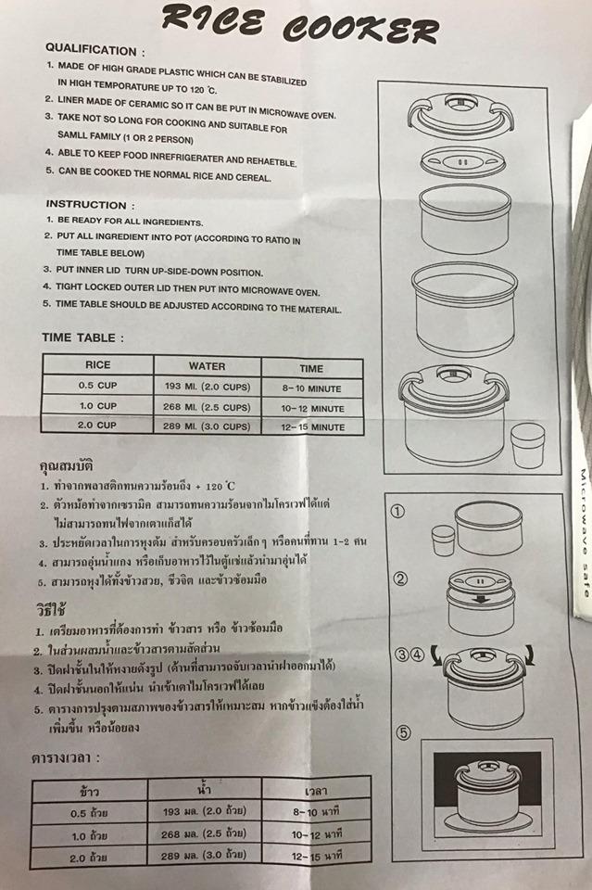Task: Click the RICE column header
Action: [97, 365]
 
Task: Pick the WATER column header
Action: [207, 367]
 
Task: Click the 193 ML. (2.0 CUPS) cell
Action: [207, 387]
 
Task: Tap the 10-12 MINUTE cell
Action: [312, 408]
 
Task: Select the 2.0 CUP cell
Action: [97, 426]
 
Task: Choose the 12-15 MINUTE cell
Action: [312, 426]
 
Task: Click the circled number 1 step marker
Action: [398, 512]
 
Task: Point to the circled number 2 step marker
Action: [400, 579]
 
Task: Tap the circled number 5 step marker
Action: [403, 732]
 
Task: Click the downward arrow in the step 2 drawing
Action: [481, 599]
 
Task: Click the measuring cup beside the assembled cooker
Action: [527, 445]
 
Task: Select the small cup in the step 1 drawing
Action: [443, 540]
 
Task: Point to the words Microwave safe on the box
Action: [584, 533]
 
